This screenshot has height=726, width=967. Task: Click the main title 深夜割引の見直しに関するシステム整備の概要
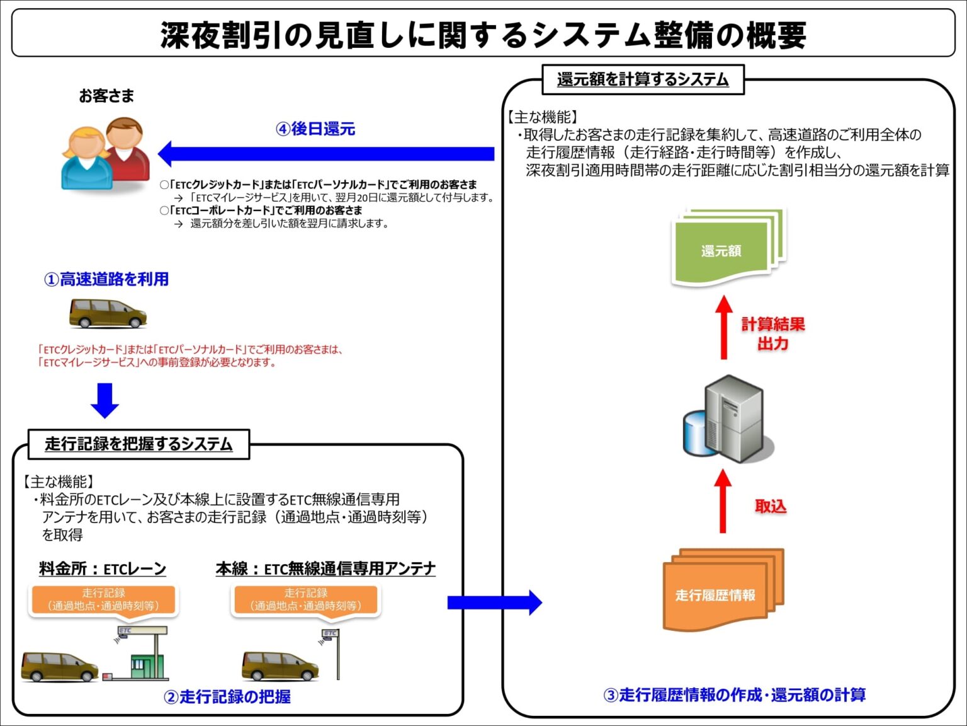[x=483, y=35]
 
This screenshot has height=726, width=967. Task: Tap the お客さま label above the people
[x=106, y=96]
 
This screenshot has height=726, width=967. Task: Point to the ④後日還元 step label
[x=315, y=129]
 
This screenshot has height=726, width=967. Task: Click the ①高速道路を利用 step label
[x=106, y=279]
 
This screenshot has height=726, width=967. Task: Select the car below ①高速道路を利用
[x=108, y=313]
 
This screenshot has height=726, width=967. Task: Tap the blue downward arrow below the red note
[x=105, y=400]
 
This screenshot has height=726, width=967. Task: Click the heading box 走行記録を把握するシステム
[x=139, y=444]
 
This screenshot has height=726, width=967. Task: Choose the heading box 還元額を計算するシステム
[x=643, y=79]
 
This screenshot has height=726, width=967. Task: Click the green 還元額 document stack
[x=727, y=248]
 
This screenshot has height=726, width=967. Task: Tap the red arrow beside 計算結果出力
[x=724, y=328]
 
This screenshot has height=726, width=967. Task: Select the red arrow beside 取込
[x=723, y=502]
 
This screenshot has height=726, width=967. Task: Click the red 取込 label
[x=771, y=506]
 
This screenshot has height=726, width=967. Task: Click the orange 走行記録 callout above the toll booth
[x=104, y=599]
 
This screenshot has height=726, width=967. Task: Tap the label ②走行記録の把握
[x=227, y=696]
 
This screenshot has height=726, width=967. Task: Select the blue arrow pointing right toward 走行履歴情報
[x=494, y=602]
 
